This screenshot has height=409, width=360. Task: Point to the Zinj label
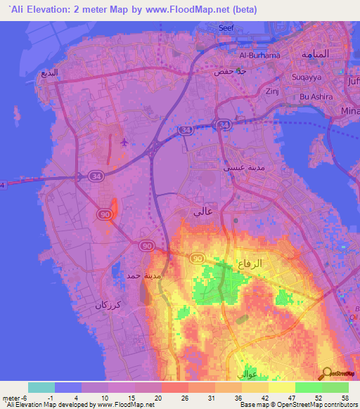273,91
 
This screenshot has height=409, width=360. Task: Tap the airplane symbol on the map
124,143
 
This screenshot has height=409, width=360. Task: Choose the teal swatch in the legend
41,387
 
